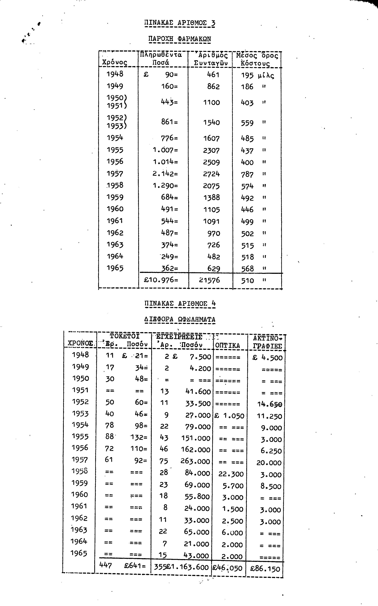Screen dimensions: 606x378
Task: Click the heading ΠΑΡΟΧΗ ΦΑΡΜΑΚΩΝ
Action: [180, 39]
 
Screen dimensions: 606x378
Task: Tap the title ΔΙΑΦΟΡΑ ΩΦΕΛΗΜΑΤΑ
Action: [180, 319]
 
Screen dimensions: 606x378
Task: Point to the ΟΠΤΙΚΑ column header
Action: [228, 345]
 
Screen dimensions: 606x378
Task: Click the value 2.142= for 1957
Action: [165, 174]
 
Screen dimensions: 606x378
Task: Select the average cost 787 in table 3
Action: [247, 174]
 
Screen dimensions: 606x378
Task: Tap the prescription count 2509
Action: [211, 162]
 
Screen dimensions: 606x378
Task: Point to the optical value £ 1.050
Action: [229, 416]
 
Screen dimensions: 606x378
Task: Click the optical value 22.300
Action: [231, 474]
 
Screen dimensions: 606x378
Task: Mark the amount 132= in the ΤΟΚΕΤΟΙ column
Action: [139, 437]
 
